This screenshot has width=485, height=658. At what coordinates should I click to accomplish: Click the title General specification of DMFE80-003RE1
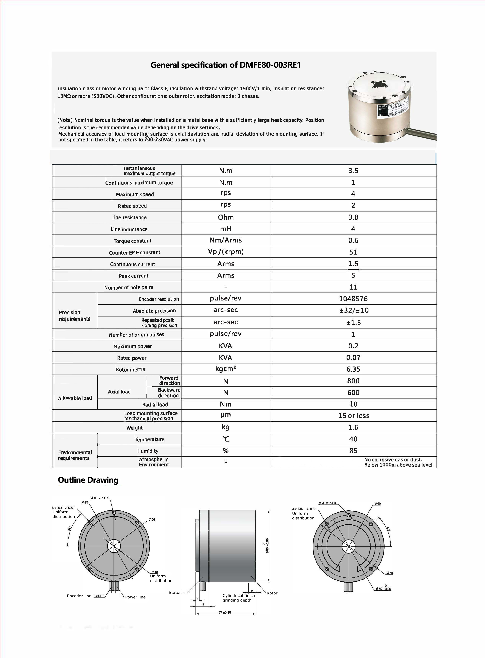pos(226,65)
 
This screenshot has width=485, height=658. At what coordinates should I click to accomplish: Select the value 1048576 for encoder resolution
pos(353,299)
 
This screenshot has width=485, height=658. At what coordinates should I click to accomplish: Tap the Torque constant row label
pos(132,241)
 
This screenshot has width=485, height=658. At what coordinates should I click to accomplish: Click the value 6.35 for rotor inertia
pos(353,369)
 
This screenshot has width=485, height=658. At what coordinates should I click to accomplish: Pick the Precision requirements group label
pos(74,316)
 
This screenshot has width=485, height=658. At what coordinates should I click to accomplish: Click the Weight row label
pos(134,428)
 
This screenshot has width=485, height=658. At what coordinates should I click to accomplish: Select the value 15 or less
pos(353,416)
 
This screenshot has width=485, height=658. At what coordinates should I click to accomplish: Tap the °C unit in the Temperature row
pos(226,439)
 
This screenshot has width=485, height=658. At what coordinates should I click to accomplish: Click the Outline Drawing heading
pos(88,480)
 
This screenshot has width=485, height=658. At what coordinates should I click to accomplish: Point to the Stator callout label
pos(175,593)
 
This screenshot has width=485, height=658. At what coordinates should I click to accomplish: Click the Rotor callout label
pos(272,593)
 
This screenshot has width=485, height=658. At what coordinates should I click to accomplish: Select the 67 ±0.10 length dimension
pos(225,612)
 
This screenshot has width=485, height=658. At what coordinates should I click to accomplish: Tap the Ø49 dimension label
pos(378,504)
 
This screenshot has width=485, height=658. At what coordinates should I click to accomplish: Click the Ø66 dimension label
pos(152,519)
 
